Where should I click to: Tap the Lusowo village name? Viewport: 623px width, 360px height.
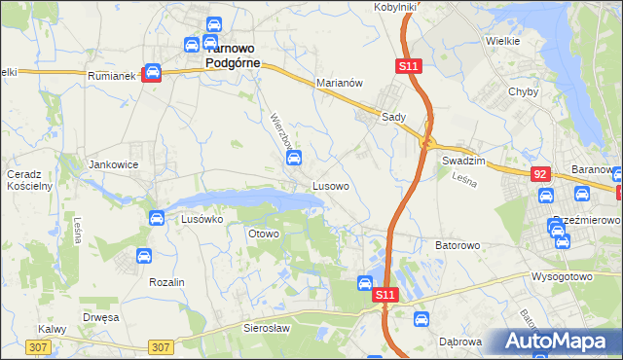[331, 184]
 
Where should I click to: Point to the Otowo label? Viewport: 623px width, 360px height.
[264, 234]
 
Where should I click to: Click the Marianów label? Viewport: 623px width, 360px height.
[340, 84]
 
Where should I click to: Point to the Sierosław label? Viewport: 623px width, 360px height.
[268, 329]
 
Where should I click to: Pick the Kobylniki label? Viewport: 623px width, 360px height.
[395, 7]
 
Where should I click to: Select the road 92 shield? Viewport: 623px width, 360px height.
[539, 173]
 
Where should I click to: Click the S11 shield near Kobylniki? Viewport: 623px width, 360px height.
[409, 65]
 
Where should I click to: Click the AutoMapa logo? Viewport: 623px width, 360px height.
[560, 342]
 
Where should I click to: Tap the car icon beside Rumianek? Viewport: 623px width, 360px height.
[152, 73]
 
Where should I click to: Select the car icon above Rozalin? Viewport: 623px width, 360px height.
[143, 257]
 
